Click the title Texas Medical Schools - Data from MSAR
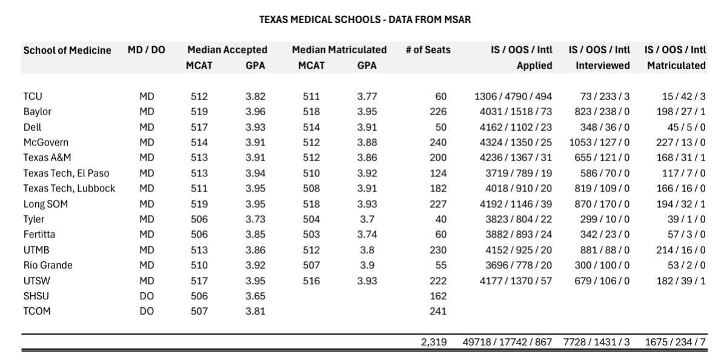365,20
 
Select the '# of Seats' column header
428,50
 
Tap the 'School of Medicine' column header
67,50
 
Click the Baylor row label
38,112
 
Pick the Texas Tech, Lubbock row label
69,188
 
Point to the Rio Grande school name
48,265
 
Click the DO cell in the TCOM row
146,312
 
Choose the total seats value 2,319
434,342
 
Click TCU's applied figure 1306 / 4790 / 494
513,96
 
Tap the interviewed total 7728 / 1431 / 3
596,342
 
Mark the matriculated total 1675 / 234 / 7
676,342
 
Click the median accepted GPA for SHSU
255,296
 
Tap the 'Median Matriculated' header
339,50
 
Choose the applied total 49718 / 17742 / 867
508,342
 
